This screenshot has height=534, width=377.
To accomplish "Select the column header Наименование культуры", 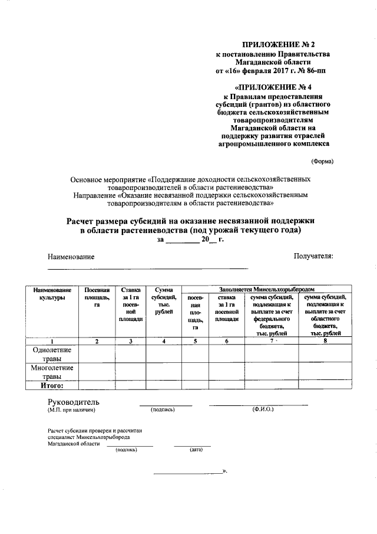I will pyautogui.click(x=52, y=294).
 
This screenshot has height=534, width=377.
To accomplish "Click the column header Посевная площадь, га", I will pyautogui.click(x=97, y=297).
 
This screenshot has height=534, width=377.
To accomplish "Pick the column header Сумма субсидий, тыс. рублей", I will pyautogui.click(x=163, y=300).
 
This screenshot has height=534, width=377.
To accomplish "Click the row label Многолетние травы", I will pyautogui.click(x=51, y=372).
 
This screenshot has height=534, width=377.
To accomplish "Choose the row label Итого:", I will pyautogui.click(x=51, y=385).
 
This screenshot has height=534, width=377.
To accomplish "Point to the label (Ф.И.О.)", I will pyautogui.click(x=262, y=409).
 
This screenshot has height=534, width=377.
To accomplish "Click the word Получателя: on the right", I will pyautogui.click(x=313, y=256).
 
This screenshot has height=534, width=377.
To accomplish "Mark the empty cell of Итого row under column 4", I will pyautogui.click(x=163, y=385).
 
